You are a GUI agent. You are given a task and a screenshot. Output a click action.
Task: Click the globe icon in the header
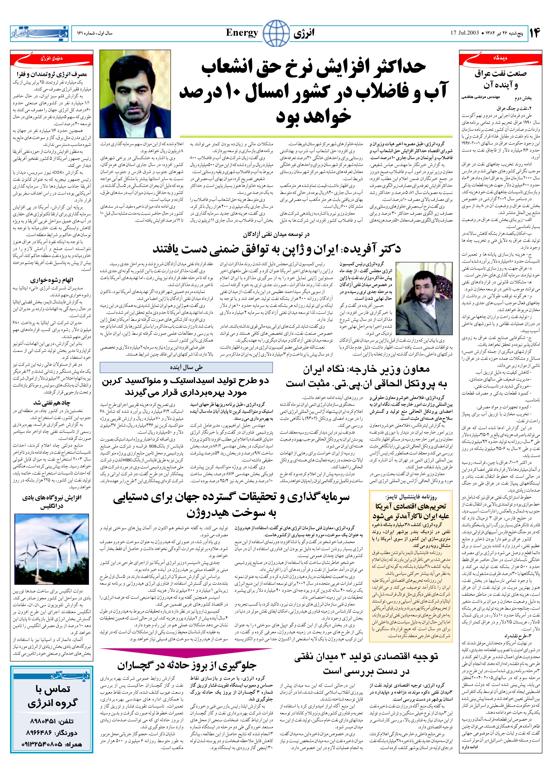276,33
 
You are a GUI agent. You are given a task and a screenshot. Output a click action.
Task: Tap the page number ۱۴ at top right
535,33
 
